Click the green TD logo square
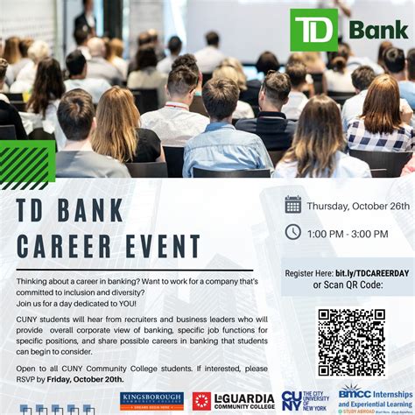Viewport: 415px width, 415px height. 313,31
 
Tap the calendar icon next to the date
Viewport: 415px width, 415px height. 293,205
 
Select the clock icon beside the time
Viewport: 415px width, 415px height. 293,232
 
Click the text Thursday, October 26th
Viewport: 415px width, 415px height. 357,206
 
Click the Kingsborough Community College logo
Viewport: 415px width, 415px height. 151,400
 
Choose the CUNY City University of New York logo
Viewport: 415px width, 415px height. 305,401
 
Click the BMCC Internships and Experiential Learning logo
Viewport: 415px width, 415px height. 375,398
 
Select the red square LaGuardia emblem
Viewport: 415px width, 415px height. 201,401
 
